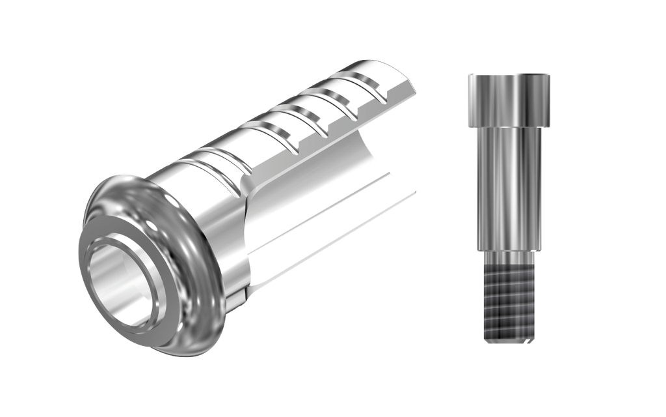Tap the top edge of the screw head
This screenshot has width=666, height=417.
click(509, 75)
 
